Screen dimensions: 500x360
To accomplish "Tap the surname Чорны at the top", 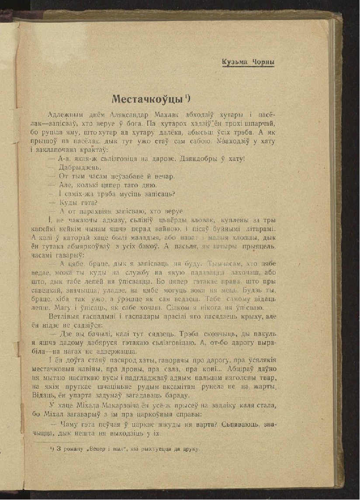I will point(263,62).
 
